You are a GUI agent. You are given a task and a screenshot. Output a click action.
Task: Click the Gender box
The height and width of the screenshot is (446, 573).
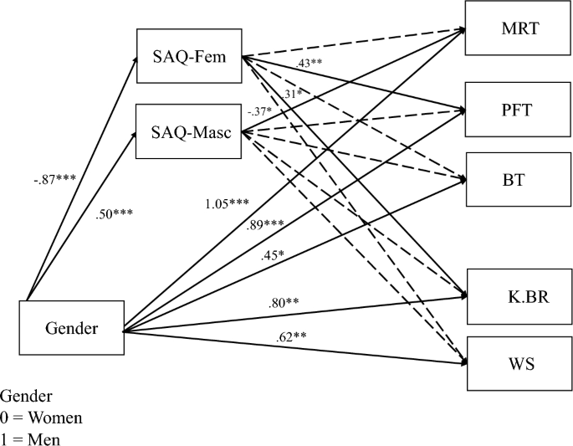[x=71, y=327]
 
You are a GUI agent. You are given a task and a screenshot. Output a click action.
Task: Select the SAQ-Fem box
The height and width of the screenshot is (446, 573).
[x=188, y=57]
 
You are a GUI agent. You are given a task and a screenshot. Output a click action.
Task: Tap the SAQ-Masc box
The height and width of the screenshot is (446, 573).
[x=188, y=131]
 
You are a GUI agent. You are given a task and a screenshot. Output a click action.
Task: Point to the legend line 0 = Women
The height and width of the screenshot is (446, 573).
[x=41, y=417]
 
